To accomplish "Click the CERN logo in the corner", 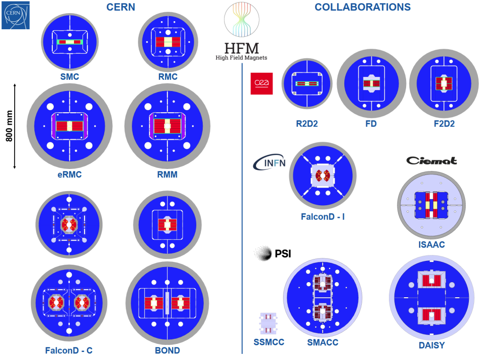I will (16, 15).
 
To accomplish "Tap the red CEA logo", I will (261, 83).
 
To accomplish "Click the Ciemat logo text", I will (432, 161).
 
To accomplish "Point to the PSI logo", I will (273, 254).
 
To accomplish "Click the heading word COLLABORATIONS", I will (363, 7).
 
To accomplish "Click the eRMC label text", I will (69, 175).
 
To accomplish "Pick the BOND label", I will (167, 351).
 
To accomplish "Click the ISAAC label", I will (431, 245).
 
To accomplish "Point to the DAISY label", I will (432, 346).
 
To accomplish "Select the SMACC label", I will (322, 343).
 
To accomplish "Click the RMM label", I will (167, 175).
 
